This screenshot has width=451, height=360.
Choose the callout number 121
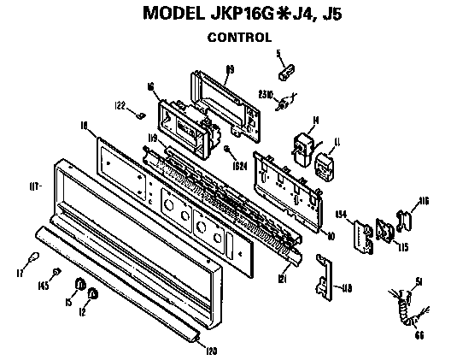(283, 279)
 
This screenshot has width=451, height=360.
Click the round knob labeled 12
(93, 296)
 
